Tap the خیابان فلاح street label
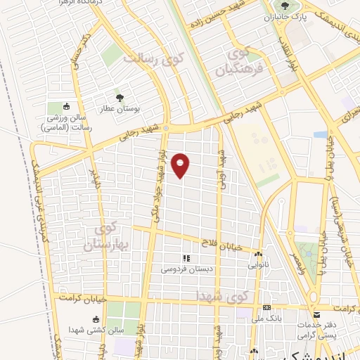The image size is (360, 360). coord(234,244)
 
